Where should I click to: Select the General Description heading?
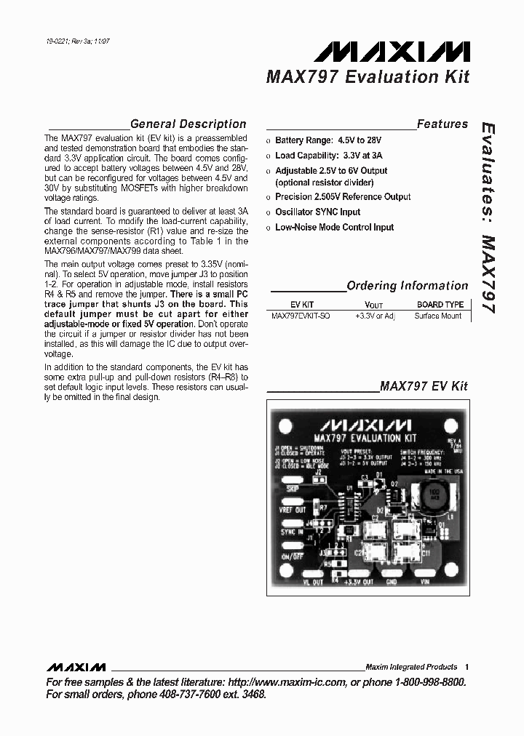188,124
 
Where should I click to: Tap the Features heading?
442,124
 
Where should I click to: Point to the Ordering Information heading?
407,286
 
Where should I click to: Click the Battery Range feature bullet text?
327,140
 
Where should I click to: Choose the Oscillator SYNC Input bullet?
317,212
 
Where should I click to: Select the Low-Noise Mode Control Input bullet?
334,227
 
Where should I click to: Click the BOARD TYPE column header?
440,305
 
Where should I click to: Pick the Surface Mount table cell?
439,316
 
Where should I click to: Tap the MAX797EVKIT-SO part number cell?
300,316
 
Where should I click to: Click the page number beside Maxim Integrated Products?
467,667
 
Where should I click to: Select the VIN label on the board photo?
435,581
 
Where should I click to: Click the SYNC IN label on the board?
291,532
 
